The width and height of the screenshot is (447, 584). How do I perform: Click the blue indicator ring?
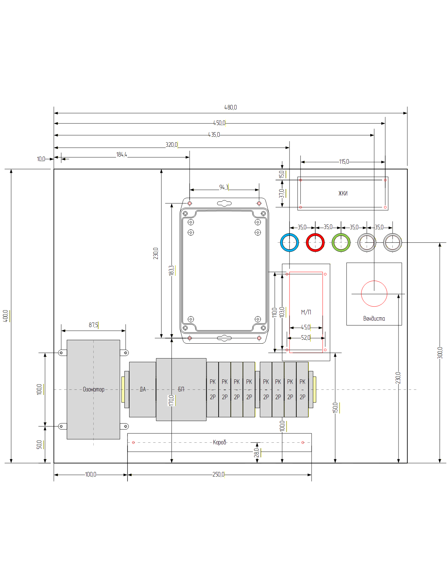pyautogui.click(x=281, y=242)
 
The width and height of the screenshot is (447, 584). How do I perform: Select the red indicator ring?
pyautogui.click(x=307, y=242)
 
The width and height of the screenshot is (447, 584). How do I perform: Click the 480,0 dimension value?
pyautogui.click(x=230, y=108)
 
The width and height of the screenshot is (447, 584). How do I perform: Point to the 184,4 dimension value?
pyautogui.click(x=122, y=155)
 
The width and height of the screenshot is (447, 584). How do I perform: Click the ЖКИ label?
pyautogui.click(x=343, y=194)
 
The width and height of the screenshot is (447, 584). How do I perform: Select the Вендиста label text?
pyautogui.click(x=374, y=319)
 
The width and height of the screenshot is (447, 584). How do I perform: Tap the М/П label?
pyautogui.click(x=306, y=312)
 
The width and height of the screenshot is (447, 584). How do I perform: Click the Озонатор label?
pyautogui.click(x=94, y=389)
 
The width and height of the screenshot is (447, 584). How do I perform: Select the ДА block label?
pyautogui.click(x=143, y=389)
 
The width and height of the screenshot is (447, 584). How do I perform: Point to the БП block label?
pyautogui.click(x=181, y=389)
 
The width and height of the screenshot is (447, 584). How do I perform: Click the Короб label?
pyautogui.click(x=219, y=442)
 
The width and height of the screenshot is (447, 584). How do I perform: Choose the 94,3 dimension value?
pyautogui.click(x=223, y=187)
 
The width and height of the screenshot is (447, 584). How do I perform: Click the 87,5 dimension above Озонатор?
pyautogui.click(x=93, y=325)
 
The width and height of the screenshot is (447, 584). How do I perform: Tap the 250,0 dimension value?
pyautogui.click(x=218, y=475)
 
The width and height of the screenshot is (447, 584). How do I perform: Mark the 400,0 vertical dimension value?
pyautogui.click(x=6, y=316)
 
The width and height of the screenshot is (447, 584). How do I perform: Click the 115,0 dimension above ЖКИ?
pyautogui.click(x=344, y=162)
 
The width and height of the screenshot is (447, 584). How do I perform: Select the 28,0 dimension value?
pyautogui.click(x=256, y=453)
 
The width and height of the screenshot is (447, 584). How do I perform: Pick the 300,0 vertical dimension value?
pyautogui.click(x=440, y=353)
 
